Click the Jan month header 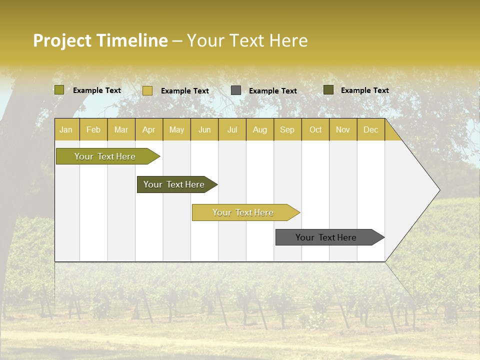[66, 129]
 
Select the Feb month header [93, 129]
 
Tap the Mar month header [121, 129]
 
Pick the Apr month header [149, 129]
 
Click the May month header [176, 129]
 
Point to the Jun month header [204, 129]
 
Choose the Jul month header [232, 129]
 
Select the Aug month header [260, 129]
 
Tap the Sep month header [287, 129]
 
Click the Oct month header [315, 129]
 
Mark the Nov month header [343, 129]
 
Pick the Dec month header [371, 129]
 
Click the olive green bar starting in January [105, 156]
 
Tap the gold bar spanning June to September [243, 212]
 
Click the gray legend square [236, 90]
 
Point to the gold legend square [147, 90]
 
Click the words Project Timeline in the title [100, 40]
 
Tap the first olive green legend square [59, 90]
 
